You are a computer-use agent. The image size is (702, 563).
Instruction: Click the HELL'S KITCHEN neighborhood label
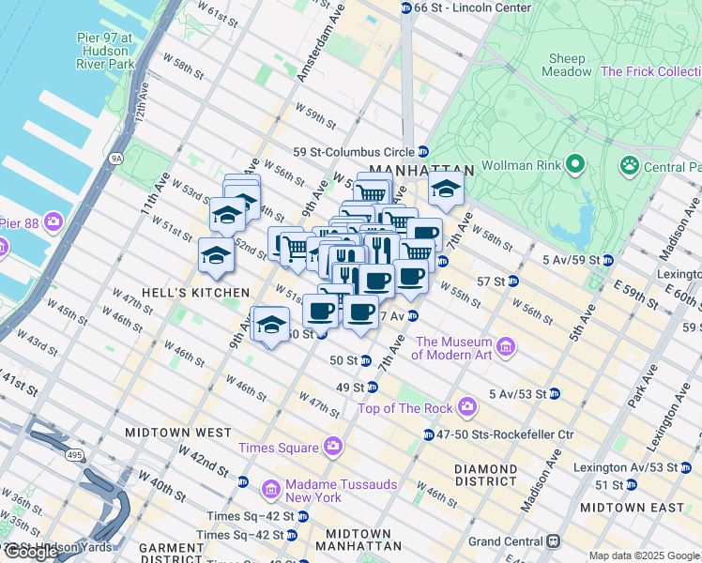point(182,293)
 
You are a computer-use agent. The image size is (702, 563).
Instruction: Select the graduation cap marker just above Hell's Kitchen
point(216,256)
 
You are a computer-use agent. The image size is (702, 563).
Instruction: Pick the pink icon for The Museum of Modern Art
point(507,347)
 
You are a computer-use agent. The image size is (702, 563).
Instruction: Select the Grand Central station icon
point(555,540)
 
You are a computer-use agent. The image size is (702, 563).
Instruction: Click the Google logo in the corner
point(31,551)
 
